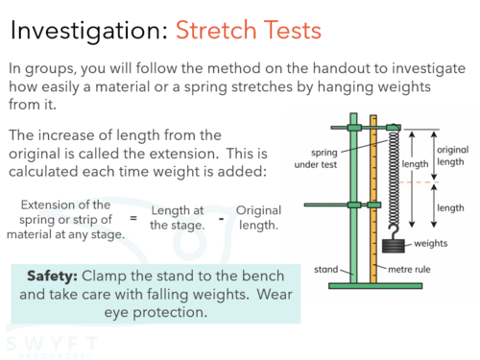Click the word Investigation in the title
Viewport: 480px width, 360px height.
pos(89,31)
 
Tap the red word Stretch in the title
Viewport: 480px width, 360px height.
pos(216,30)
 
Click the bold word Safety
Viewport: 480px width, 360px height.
pos(52,276)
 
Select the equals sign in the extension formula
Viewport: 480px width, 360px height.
pos(133,218)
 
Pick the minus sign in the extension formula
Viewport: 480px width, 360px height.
pos(221,219)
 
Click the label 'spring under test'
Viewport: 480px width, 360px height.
pos(316,158)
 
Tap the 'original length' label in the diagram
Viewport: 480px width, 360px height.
pos(452,156)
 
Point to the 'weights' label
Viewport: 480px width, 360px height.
pos(431,243)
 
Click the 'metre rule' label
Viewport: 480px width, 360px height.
pos(409,270)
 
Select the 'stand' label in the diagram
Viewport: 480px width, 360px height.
pos(325,270)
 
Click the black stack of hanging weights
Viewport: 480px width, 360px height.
pos(394,246)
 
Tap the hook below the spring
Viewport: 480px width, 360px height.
pos(394,231)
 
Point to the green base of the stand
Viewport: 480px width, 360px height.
pos(375,286)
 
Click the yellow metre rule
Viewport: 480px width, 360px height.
pos(373,199)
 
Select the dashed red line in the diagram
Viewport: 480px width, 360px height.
pos(420,182)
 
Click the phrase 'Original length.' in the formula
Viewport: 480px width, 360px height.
pos(258,218)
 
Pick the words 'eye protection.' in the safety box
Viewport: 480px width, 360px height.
pos(156,313)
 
